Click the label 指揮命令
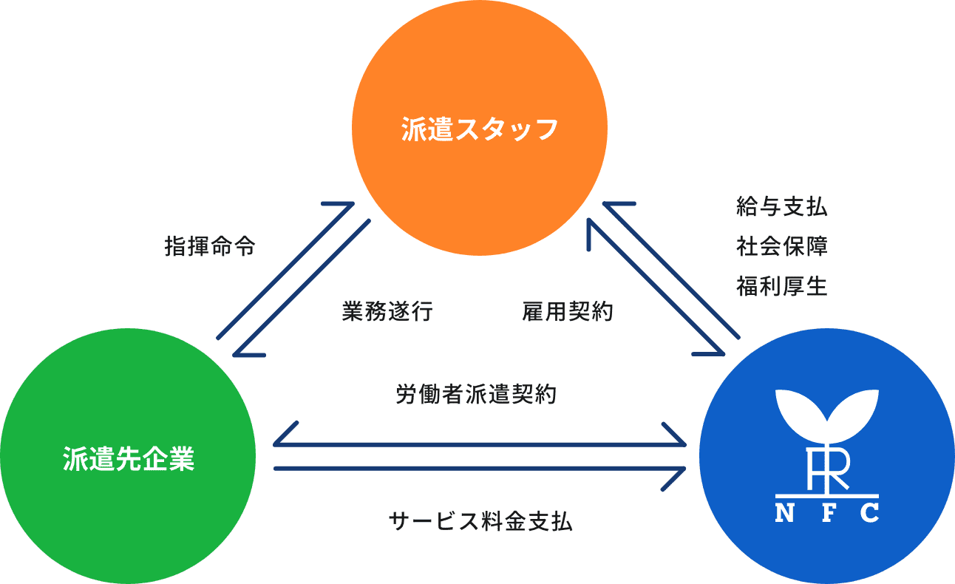point(210,247)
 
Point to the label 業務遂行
point(387,312)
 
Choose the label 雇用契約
point(567,312)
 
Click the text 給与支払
point(781,207)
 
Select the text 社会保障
point(781,246)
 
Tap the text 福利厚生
point(781,286)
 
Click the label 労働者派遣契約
point(476,395)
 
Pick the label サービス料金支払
point(480,522)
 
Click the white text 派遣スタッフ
point(479,129)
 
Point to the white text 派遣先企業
point(129,458)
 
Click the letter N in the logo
point(784,512)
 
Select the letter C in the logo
point(869,512)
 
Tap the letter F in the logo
point(827,512)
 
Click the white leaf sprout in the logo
point(826,414)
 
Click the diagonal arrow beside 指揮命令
point(285,271)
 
